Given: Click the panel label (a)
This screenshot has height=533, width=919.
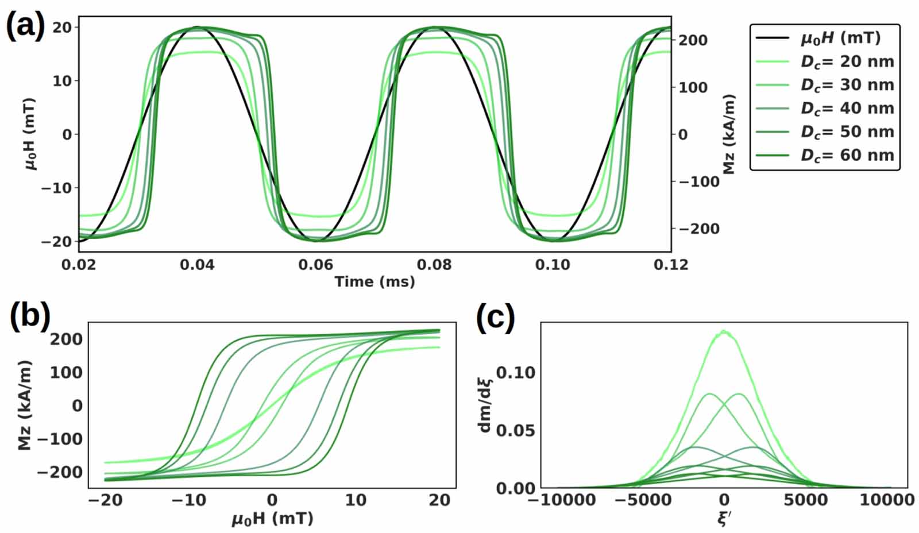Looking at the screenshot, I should pyautogui.click(x=25, y=26).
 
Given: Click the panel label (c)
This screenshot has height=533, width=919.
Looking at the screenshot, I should pyautogui.click(x=496, y=316).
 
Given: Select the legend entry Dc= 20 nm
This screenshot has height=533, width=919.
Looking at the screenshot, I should pyautogui.click(x=847, y=61).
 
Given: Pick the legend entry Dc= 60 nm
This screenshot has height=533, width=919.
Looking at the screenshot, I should pyautogui.click(x=847, y=155).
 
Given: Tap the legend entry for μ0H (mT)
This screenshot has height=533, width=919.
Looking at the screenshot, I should pyautogui.click(x=840, y=38).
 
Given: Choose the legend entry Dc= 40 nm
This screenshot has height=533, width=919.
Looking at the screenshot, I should pyautogui.click(x=847, y=108).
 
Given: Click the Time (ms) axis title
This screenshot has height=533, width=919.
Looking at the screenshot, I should pyautogui.click(x=374, y=281).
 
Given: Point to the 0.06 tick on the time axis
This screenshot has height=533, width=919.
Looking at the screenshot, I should pyautogui.click(x=315, y=265).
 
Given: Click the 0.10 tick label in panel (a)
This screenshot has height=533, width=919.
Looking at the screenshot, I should pyautogui.click(x=553, y=265).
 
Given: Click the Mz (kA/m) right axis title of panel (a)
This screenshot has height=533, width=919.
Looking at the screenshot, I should pyautogui.click(x=729, y=134).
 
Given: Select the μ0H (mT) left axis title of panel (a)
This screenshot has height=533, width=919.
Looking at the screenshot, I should pyautogui.click(x=30, y=134).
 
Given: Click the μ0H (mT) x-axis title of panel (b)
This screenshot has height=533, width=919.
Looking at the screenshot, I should pyautogui.click(x=272, y=519).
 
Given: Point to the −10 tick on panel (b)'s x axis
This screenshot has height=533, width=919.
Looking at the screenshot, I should pyautogui.click(x=189, y=500).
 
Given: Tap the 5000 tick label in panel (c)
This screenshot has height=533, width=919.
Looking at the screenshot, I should pyautogui.click(x=806, y=500).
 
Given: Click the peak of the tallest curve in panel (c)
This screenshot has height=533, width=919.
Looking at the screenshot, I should pyautogui.click(x=724, y=331).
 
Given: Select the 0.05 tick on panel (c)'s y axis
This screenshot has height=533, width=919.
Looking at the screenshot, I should pyautogui.click(x=515, y=430).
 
